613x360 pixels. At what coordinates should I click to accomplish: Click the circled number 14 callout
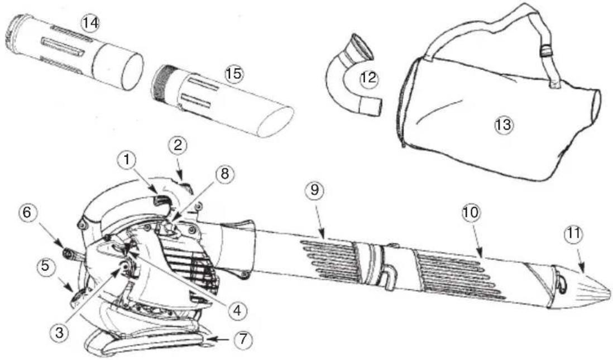tap(89, 23)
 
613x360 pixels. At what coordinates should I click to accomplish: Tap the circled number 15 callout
tap(233, 74)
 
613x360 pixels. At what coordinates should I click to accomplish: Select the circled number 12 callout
tap(368, 79)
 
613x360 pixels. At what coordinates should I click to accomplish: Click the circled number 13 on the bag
tap(504, 125)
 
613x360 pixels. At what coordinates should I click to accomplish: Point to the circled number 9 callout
tap(314, 189)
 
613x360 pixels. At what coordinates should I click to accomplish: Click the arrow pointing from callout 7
tap(219, 339)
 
